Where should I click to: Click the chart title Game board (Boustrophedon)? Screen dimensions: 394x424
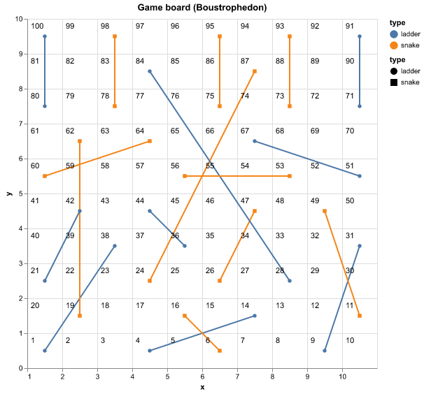202,8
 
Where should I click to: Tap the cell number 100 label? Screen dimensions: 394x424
38,27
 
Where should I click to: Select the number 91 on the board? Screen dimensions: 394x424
350,27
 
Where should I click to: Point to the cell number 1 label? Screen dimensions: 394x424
33,341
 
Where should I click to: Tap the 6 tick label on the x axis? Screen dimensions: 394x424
202,377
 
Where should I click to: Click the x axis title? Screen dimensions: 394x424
202,387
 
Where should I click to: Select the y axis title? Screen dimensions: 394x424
6,194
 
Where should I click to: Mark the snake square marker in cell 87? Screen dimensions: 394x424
255,71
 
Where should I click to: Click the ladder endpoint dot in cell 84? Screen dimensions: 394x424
150,71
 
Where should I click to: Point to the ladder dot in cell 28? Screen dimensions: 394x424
290,281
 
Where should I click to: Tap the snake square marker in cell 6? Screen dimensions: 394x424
220,351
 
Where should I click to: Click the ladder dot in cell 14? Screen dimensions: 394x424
255,316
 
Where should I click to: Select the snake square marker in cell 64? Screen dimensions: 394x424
150,141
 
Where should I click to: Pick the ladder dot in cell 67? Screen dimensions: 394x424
255,141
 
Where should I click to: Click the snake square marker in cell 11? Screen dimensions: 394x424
360,316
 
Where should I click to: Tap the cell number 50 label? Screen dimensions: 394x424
350,201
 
